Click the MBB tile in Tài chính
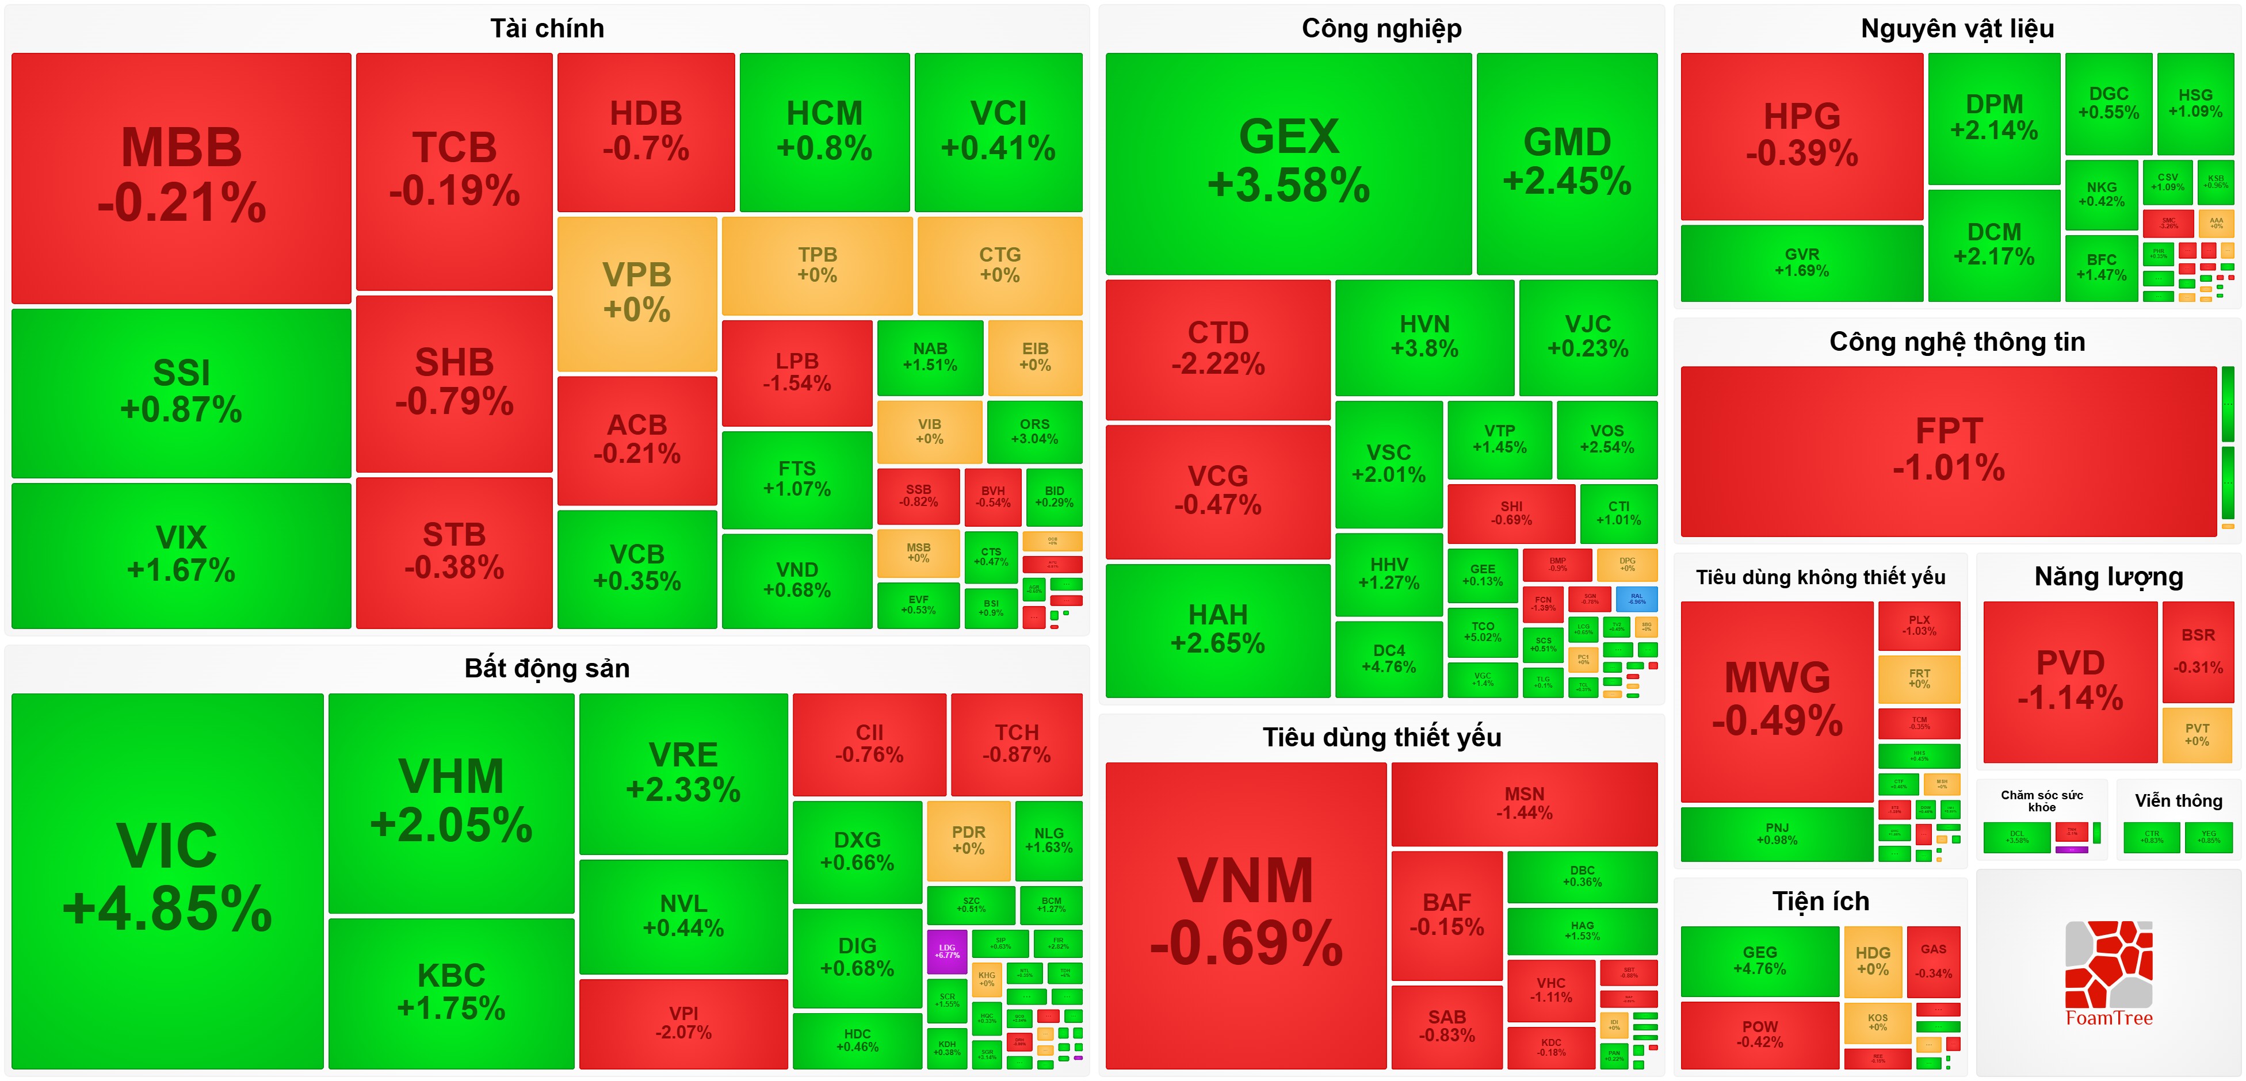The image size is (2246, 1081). [x=181, y=178]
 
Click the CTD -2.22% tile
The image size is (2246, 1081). [x=1217, y=348]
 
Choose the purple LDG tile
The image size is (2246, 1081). [x=947, y=951]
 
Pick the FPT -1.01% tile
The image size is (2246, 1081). [x=1948, y=451]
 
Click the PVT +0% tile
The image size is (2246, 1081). [x=2197, y=735]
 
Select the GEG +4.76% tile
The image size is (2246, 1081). [x=1759, y=961]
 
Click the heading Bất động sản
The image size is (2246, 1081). [x=547, y=669]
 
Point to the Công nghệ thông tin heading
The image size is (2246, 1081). [x=1957, y=342]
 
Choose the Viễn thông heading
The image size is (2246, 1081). [x=2178, y=801]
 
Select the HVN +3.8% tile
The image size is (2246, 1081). [x=1424, y=336]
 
